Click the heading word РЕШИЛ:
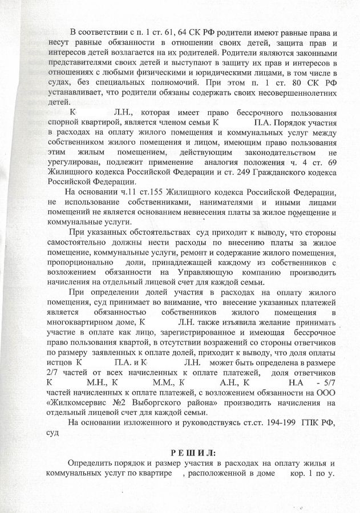(185, 453)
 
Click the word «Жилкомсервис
(81, 402)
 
